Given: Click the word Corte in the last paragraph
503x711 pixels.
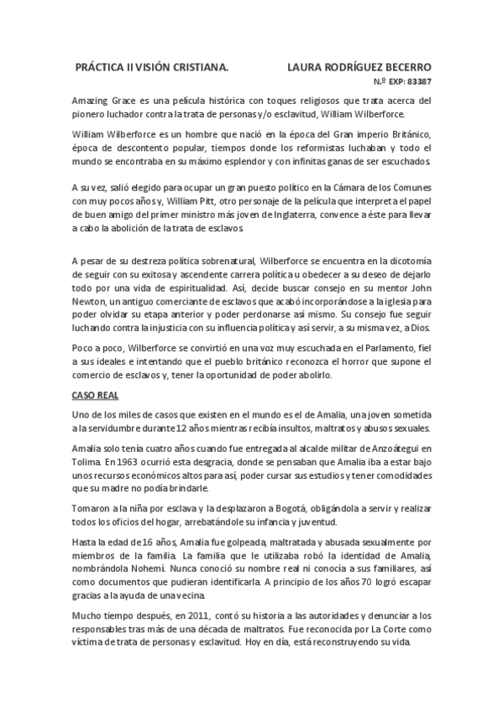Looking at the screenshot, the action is click(382, 631).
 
